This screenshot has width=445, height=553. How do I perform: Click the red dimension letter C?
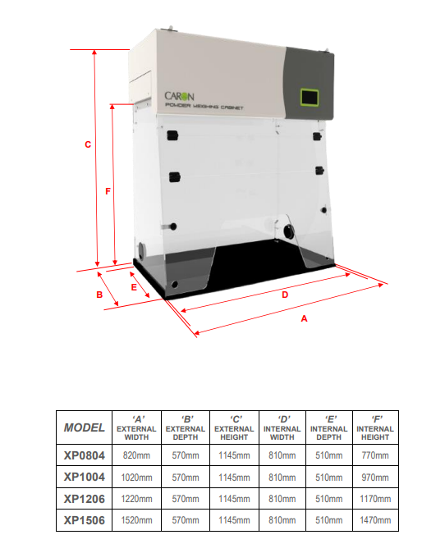click(88, 144)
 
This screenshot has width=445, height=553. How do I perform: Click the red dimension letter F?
click(108, 191)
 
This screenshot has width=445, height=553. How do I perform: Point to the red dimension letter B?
click(99, 295)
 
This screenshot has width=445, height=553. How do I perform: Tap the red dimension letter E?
click(134, 287)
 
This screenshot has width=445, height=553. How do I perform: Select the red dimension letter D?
click(285, 295)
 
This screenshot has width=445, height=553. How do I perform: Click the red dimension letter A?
click(305, 319)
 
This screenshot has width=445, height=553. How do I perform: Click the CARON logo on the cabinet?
click(179, 96)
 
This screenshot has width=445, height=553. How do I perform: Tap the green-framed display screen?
click(310, 97)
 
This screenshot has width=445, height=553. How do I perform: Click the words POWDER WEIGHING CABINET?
click(204, 106)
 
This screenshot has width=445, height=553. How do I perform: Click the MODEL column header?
click(84, 427)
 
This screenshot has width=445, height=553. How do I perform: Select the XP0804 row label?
click(84, 455)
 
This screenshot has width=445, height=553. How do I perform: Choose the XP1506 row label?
click(84, 520)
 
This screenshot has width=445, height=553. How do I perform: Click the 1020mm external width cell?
click(136, 478)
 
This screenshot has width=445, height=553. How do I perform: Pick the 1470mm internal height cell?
click(375, 520)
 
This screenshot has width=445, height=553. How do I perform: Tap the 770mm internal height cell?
click(375, 455)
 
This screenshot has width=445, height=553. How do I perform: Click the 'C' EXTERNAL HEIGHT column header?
click(234, 427)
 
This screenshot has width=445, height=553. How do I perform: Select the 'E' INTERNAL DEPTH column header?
click(329, 427)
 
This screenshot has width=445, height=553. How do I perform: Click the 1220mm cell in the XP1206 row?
click(136, 499)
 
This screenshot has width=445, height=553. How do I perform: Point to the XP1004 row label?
click(84, 478)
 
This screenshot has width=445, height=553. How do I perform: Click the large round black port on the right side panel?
click(289, 231)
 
